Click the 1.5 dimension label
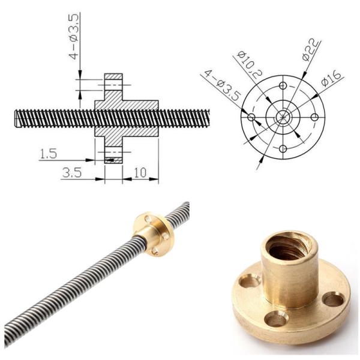(48, 154)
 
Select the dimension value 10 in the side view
(140, 173)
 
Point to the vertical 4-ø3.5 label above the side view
(73, 37)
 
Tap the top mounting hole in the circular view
(283, 85)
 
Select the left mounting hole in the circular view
(251, 116)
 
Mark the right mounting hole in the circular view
(314, 116)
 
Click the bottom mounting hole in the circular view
(283, 148)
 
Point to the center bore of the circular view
(283, 116)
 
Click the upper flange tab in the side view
(113, 84)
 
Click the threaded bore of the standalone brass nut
(289, 246)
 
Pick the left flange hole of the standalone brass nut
(249, 280)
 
